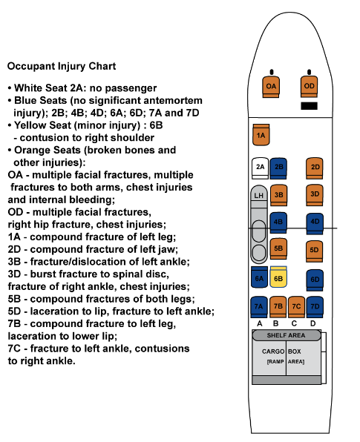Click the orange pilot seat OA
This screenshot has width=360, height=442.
click(x=271, y=87)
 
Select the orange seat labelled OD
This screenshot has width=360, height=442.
click(x=309, y=86)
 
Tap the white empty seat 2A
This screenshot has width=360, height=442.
click(x=260, y=168)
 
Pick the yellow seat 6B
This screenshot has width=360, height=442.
click(x=278, y=277)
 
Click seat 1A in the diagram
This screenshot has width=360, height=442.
click(x=261, y=135)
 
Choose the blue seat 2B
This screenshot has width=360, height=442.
click(x=278, y=168)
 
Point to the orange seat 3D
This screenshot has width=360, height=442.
click(x=315, y=195)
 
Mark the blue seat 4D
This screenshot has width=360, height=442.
click(x=315, y=223)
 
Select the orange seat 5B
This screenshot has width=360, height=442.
click(x=278, y=248)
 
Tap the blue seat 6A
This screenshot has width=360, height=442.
click(x=259, y=277)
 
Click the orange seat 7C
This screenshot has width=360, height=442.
click(x=296, y=307)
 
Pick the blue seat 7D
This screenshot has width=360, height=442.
click(x=315, y=307)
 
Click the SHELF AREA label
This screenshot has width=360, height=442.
click(x=286, y=335)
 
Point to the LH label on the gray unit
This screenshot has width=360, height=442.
click(x=258, y=195)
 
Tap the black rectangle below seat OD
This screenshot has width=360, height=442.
click(x=310, y=106)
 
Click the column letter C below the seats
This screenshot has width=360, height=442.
click(x=294, y=323)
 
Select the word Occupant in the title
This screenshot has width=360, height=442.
click(x=31, y=66)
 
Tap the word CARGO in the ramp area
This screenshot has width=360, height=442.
click(x=273, y=352)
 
